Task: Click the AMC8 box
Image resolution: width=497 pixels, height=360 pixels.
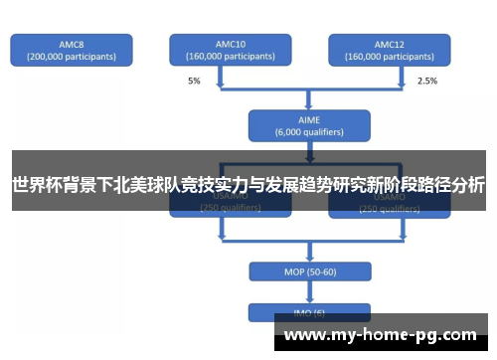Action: (71, 50)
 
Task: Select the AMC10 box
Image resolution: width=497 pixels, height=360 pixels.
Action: (230, 50)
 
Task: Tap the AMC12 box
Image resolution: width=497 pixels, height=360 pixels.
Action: (389, 50)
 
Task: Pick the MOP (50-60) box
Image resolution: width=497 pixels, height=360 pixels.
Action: (309, 272)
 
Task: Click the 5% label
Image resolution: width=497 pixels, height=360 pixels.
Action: (193, 81)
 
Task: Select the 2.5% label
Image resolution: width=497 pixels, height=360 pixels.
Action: (426, 81)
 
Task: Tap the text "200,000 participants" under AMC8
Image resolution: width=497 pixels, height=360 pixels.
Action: (71, 57)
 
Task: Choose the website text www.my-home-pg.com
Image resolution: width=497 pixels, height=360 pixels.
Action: (381, 334)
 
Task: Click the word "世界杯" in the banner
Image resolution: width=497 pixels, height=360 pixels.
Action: (36, 185)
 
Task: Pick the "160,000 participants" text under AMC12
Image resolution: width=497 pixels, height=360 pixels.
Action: (389, 57)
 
